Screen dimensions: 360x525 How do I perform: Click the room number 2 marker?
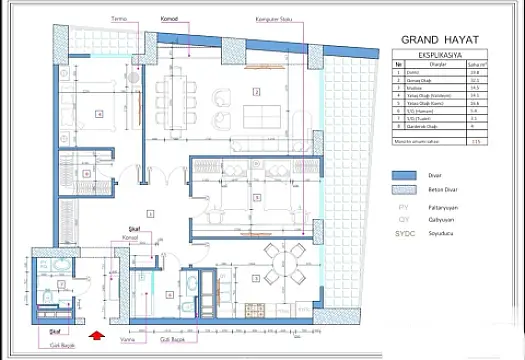(x=256, y=91)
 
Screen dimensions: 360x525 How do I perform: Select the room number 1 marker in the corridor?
(x=149, y=213)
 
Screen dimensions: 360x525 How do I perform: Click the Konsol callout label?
(x=128, y=237)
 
